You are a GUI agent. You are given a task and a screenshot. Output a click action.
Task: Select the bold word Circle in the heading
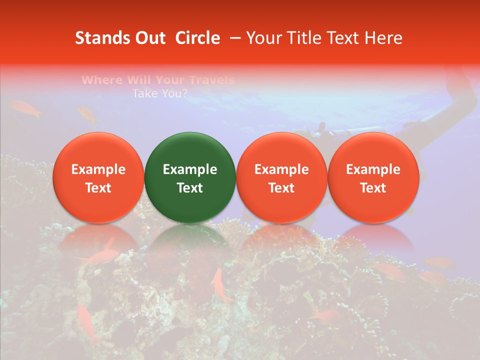tap(197, 38)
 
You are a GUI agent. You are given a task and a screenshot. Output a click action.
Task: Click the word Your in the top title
tap(263, 38)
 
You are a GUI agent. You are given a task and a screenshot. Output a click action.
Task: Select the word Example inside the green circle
tap(189, 169)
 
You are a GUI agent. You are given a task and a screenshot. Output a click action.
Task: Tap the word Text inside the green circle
tap(189, 188)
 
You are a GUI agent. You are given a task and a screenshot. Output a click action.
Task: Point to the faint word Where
tap(101, 80)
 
